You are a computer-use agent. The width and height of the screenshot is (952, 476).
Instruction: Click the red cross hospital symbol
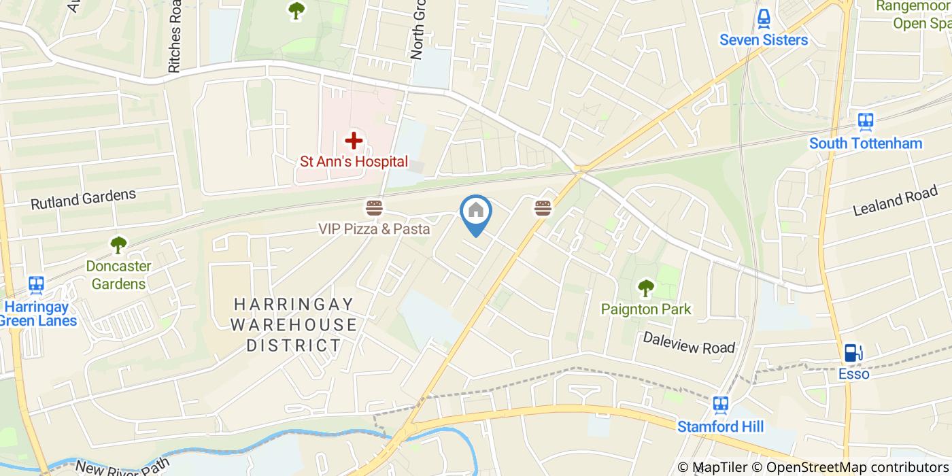point(353,141)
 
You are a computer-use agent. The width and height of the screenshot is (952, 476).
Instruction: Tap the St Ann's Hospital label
point(354,162)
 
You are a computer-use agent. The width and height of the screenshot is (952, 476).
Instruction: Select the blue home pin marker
point(476,212)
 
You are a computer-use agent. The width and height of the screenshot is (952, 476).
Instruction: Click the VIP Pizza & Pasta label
point(374,229)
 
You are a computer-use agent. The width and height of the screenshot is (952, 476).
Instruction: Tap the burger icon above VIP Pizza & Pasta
point(374,207)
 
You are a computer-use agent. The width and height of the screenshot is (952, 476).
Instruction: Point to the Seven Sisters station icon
point(764,18)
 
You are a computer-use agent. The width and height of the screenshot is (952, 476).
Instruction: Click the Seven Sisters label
point(764,40)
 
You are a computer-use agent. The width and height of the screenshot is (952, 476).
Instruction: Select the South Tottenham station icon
point(865,122)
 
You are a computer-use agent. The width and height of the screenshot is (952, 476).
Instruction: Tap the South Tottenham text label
point(865,143)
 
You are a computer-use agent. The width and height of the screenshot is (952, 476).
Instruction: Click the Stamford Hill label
point(721,427)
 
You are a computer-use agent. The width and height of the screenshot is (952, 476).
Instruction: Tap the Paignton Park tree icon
point(645,288)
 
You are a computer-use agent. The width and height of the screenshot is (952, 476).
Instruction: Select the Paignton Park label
point(645,309)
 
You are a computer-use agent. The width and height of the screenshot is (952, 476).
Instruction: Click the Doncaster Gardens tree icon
point(118,243)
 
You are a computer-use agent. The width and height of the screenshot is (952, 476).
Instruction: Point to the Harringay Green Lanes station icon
point(35,284)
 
